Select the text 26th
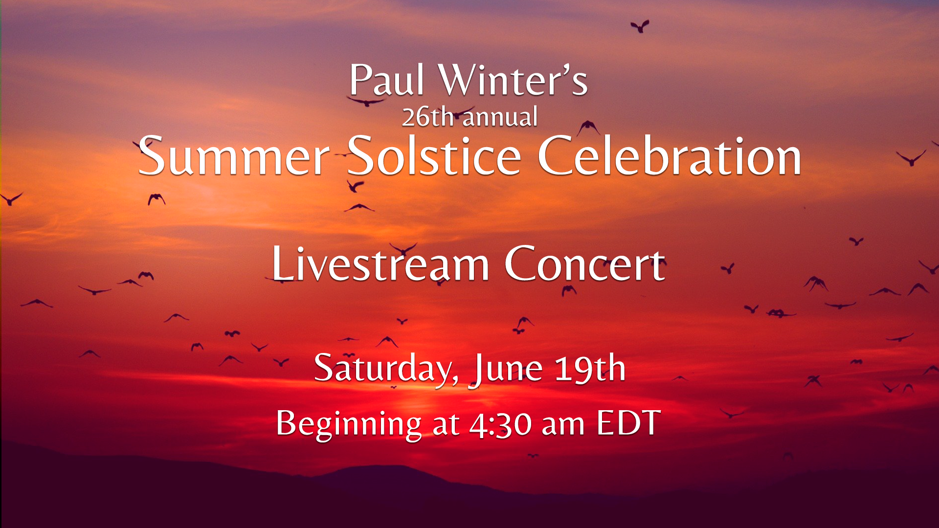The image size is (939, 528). pyautogui.click(x=427, y=117)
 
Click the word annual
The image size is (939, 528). pyautogui.click(x=500, y=118)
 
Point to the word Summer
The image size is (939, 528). pyautogui.click(x=234, y=156)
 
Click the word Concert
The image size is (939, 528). pyautogui.click(x=585, y=264)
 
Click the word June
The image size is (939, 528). pyautogui.click(x=506, y=370)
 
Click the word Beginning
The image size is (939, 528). pyautogui.click(x=349, y=424)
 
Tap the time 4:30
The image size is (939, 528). pyautogui.click(x=500, y=424)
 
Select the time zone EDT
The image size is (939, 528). pyautogui.click(x=628, y=422)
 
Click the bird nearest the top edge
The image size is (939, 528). pyautogui.click(x=640, y=26)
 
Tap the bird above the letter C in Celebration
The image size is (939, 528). pyautogui.click(x=588, y=128)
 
